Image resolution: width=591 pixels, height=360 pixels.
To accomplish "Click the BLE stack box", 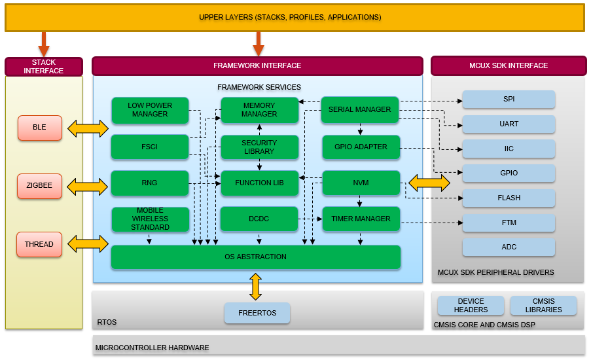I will (39, 128).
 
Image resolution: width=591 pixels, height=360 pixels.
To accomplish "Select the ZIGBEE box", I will (39, 186).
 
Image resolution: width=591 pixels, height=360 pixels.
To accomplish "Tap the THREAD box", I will (39, 244).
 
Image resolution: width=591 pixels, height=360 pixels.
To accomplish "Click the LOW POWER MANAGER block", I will (150, 110).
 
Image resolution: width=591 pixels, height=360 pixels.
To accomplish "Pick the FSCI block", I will (150, 147).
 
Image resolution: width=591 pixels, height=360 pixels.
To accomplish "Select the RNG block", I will (150, 183).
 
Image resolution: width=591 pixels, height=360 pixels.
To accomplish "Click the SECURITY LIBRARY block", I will (259, 147).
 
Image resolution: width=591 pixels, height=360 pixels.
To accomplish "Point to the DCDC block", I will (259, 219).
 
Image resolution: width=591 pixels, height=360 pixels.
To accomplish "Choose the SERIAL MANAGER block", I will (360, 110).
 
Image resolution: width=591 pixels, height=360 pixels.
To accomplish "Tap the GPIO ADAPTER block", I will (361, 147).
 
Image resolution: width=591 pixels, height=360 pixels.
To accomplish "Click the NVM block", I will (361, 183).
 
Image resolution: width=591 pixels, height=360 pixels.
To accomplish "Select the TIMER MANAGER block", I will (361, 219).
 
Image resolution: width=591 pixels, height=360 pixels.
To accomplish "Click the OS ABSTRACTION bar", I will (255, 257).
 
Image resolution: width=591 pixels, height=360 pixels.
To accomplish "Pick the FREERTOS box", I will (257, 313).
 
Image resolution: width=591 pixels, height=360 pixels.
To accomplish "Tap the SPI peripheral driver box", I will (509, 99).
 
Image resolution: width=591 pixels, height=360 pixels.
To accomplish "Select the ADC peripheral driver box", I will (509, 247).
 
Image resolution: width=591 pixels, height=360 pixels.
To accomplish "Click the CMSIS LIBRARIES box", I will (543, 306).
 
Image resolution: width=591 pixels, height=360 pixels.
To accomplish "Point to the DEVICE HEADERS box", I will (471, 306).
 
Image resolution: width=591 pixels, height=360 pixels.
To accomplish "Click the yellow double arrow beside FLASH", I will (429, 183).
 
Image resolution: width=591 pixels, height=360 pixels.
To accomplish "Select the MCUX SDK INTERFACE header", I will (509, 66).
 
